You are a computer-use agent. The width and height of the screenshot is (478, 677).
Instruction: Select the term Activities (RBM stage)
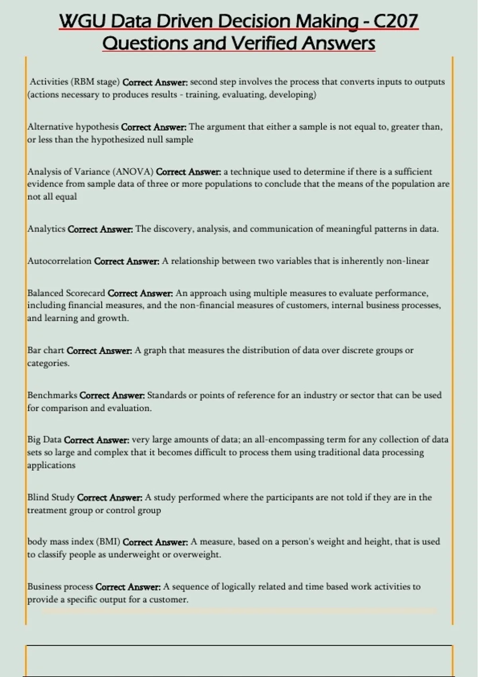(x=75, y=82)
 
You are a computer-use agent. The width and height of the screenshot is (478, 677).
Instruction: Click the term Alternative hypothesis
(x=73, y=127)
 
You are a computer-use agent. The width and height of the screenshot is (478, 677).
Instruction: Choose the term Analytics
(x=46, y=229)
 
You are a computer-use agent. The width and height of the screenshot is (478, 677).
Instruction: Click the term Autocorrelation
(x=59, y=261)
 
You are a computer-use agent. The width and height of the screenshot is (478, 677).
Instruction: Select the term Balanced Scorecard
(x=66, y=293)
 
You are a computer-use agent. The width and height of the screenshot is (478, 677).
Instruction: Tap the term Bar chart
(x=45, y=350)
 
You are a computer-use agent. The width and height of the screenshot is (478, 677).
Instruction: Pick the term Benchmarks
(x=52, y=395)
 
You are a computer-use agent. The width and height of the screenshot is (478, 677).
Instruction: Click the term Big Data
(x=44, y=440)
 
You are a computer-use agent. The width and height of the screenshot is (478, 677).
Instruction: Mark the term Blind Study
(x=51, y=497)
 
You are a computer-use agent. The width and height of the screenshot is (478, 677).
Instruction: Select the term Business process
(x=60, y=587)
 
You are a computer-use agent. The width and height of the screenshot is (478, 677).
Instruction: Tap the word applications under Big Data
(x=51, y=465)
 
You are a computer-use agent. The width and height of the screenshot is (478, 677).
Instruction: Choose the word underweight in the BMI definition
(x=134, y=554)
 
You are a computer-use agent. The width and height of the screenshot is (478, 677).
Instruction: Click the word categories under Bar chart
(x=47, y=363)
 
